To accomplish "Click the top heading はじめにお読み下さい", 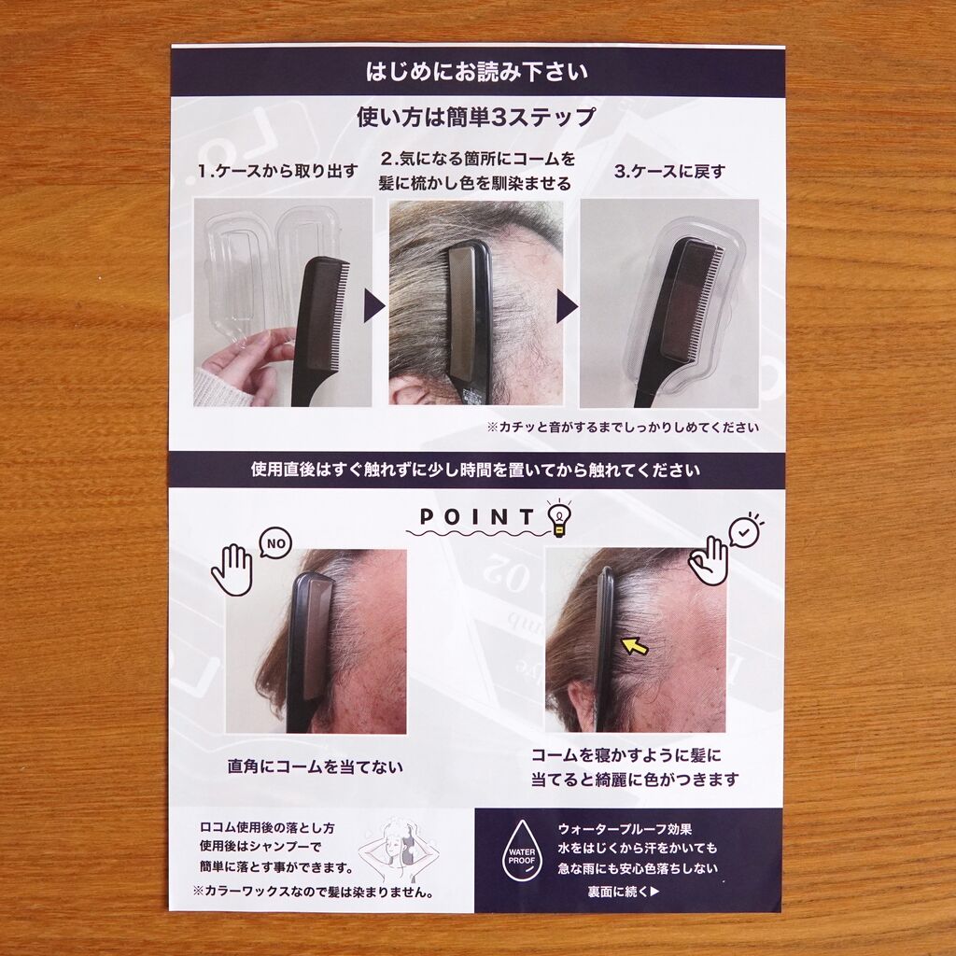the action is tap(477, 72).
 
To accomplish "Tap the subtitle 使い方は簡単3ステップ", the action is tap(475, 117).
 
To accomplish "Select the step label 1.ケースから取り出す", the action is tap(277, 172).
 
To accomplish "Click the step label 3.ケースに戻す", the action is tap(669, 172).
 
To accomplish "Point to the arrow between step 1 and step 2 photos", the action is tap(373, 305).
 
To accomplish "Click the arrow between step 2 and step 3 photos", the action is tap(567, 305).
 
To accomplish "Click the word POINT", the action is tap(477, 517).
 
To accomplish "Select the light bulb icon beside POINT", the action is tap(559, 519).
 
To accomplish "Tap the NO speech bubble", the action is tap(275, 543).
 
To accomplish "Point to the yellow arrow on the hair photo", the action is tap(634, 646).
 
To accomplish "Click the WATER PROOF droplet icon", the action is tap(521, 851).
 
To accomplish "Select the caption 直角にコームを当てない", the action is tap(316, 766).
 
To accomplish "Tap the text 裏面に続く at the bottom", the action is tap(624, 892).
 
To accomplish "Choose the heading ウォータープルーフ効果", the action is tap(625, 829).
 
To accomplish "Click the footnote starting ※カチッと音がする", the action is tap(623, 427).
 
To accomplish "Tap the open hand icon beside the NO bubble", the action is tap(232, 570).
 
